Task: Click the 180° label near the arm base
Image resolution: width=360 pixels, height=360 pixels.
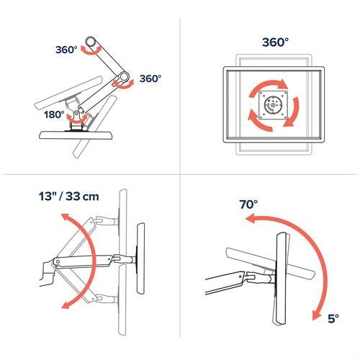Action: [54, 114]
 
